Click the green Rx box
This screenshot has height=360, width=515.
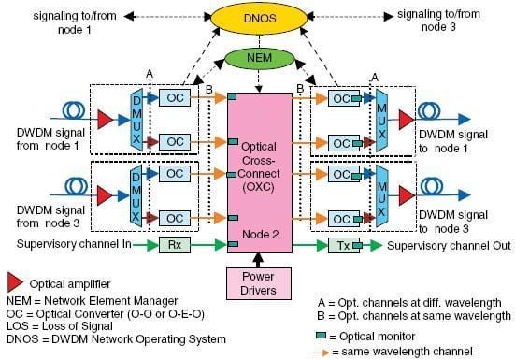click(174, 245)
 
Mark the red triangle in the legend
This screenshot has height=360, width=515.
click(13, 281)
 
